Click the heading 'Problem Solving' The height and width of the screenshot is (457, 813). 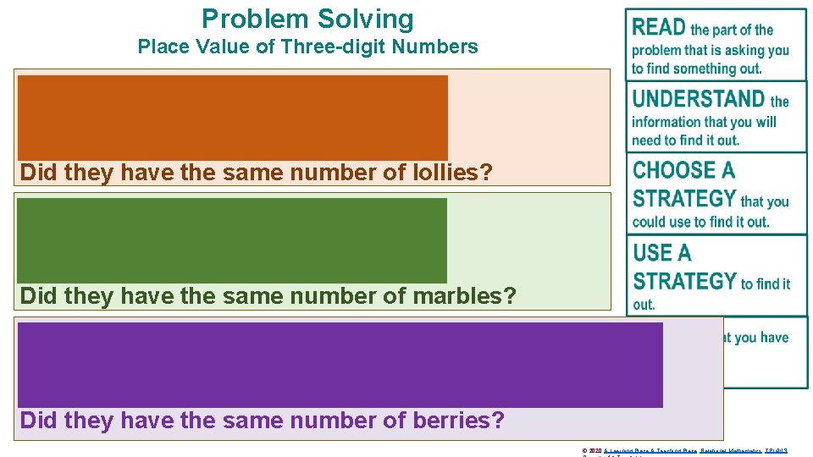tap(307, 19)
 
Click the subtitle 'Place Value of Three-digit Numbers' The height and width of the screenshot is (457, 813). tap(307, 47)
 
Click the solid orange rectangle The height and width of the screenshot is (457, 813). tap(233, 117)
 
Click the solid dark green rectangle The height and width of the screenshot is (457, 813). tap(231, 240)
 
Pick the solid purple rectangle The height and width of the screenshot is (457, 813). tap(340, 365)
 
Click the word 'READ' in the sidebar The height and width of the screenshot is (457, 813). tap(659, 28)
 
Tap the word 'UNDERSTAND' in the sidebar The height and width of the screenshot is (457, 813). tap(699, 99)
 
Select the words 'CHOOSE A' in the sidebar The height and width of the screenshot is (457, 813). tap(683, 170)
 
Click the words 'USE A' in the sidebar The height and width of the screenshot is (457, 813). tap(662, 252)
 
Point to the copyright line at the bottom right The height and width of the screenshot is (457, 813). tap(685, 451)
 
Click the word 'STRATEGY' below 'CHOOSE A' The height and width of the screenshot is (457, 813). tap(684, 199)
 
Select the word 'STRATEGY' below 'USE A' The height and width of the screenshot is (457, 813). tap(684, 281)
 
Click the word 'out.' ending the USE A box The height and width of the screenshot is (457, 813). tap(644, 305)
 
